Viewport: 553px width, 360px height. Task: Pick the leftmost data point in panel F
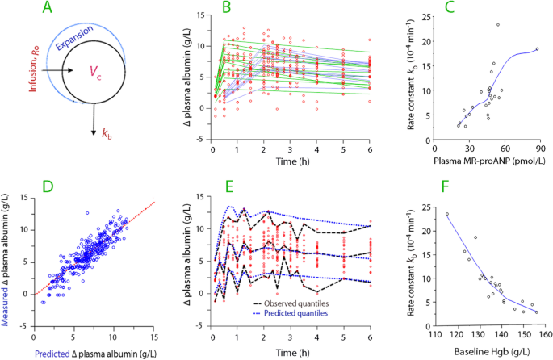click(x=447, y=214)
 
